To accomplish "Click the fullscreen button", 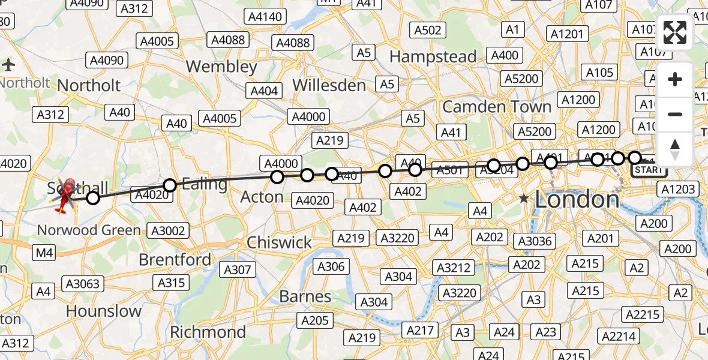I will pyautogui.click(x=675, y=32).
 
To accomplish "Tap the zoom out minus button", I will pyautogui.click(x=675, y=114).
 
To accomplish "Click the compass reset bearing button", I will pyautogui.click(x=675, y=149).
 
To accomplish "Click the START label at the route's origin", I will pyautogui.click(x=649, y=170).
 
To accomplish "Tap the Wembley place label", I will pyautogui.click(x=221, y=67).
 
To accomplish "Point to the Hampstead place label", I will pyautogui.click(x=433, y=57).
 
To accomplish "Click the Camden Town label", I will pyautogui.click(x=497, y=107).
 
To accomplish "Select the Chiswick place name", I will pyautogui.click(x=279, y=242).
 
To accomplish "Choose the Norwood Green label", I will pyautogui.click(x=89, y=230).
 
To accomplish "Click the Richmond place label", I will pyautogui.click(x=208, y=332).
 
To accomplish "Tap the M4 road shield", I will pyautogui.click(x=44, y=253).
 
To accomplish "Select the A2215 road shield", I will pyautogui.click(x=643, y=314).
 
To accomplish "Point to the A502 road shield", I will pyautogui.click(x=428, y=30).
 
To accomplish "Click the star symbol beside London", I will pyautogui.click(x=524, y=198).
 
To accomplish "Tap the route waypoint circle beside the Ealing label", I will pyautogui.click(x=170, y=185).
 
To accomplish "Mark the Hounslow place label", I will pyautogui.click(x=104, y=311).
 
